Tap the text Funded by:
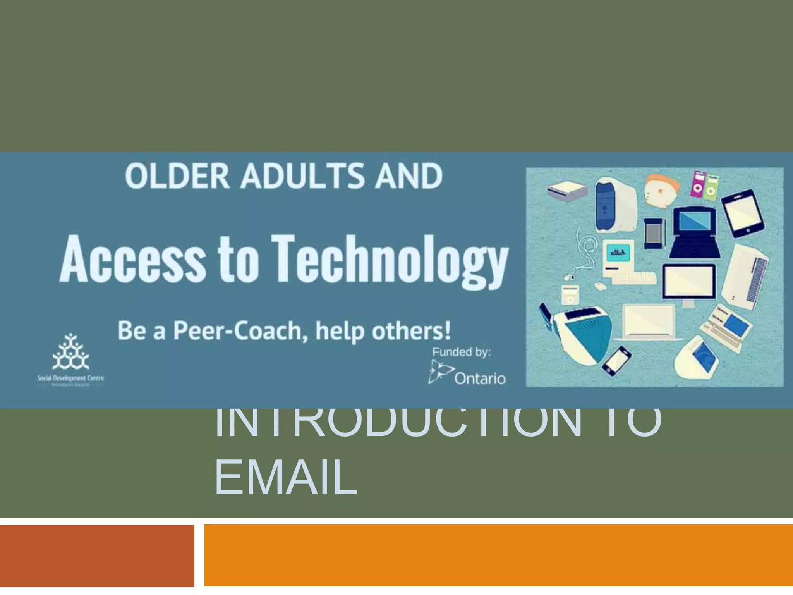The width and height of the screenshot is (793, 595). (461, 352)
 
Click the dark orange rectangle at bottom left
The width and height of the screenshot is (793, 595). (97, 555)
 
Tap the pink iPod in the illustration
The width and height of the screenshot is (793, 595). (697, 183)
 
